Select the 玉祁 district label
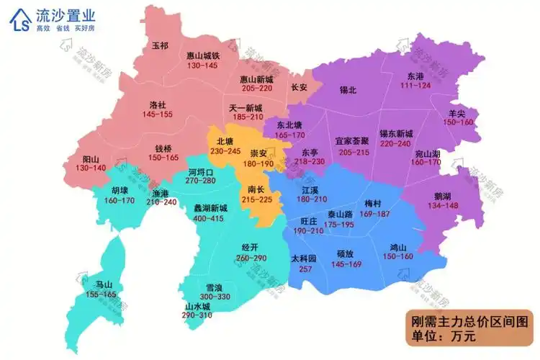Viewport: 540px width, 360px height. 160,45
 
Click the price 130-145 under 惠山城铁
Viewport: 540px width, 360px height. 202,66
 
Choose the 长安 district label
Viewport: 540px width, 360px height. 299,87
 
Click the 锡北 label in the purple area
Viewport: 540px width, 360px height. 348,91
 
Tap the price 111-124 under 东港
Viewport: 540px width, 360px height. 415,86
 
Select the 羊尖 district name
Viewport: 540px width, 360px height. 457,113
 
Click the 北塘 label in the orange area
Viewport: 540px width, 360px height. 225,141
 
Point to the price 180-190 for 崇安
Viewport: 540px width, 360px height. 258,164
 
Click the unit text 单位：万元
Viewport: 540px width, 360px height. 444,336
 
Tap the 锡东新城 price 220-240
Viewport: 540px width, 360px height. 396,143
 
